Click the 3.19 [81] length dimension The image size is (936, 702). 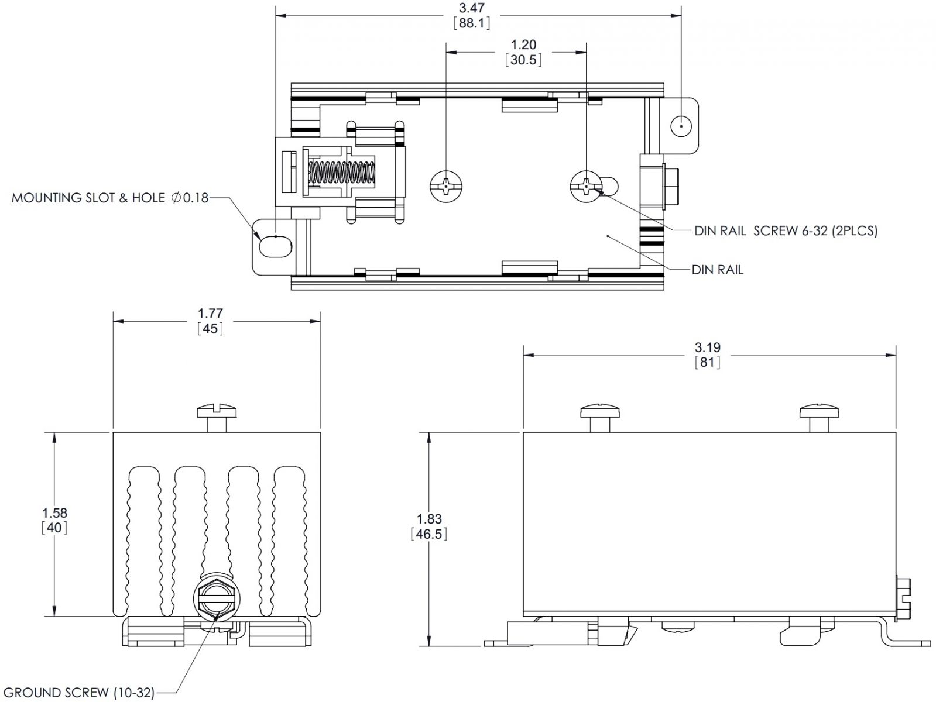[x=707, y=355]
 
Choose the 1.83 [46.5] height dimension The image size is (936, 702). [x=429, y=526]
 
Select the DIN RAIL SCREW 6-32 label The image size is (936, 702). [x=786, y=230]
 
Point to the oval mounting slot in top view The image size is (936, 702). [x=275, y=246]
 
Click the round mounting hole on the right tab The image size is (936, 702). [x=681, y=126]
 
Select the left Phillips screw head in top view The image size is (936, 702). [x=445, y=187]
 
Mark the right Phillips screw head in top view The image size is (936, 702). [x=586, y=187]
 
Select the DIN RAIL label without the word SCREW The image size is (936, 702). [x=717, y=270]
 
